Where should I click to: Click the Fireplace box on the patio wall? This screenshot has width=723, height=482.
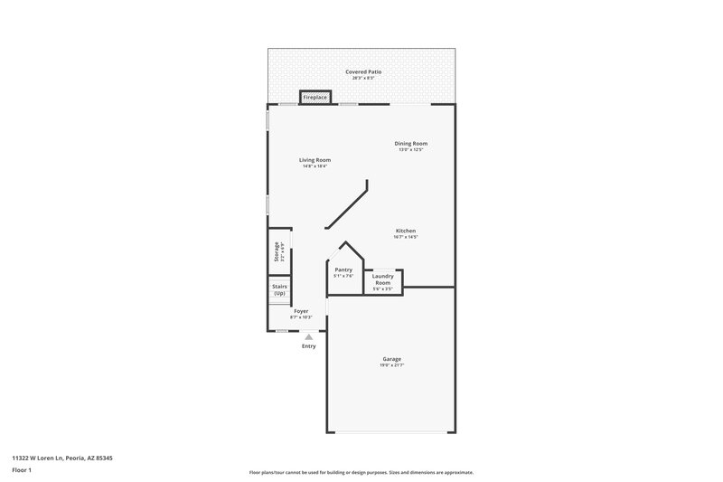tap(315, 97)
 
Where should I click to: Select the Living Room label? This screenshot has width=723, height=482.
tap(315, 160)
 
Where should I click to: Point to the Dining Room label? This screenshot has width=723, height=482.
tap(410, 143)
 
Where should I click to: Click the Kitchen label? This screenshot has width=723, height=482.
tap(406, 231)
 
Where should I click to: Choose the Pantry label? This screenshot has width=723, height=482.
tap(343, 269)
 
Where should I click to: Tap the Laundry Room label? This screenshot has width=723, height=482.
tap(383, 279)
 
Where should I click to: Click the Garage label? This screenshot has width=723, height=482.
tap(391, 359)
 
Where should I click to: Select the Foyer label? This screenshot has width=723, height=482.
tap(301, 311)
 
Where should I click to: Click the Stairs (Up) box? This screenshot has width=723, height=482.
tap(279, 290)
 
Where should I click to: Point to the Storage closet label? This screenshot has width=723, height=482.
tap(277, 252)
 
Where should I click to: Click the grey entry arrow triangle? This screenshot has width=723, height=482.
tap(308, 336)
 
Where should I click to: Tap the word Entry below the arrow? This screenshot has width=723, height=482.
tap(309, 346)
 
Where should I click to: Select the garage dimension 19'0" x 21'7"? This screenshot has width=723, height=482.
tap(391, 365)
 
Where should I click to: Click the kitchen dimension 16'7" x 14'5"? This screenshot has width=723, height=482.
tap(406, 237)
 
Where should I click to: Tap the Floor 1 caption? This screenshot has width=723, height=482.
tap(22, 470)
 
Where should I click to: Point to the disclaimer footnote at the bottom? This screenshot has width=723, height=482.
tap(361, 472)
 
